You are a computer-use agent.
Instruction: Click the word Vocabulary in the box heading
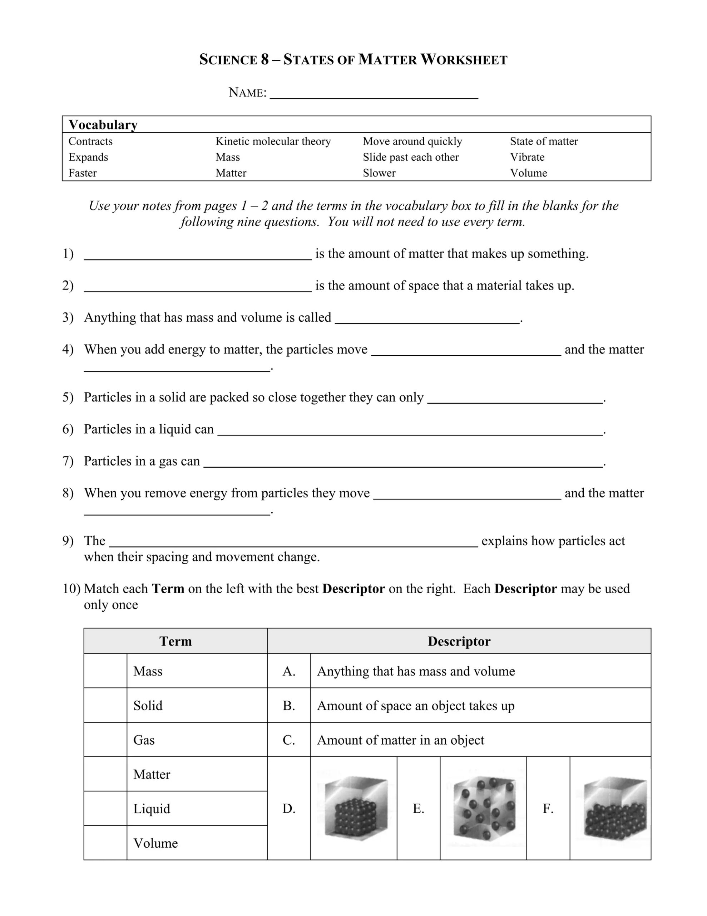pos(103,125)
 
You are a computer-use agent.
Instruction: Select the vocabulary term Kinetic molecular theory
pos(273,141)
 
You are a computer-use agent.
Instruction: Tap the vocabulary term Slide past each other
pos(410,157)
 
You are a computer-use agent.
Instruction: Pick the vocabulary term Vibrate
pos(527,157)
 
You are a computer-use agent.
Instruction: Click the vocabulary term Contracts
pos(90,141)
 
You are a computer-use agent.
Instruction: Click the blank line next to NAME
pos(374,94)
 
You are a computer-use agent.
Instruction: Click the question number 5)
pos(68,397)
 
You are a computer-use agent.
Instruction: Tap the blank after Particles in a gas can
pos(403,463)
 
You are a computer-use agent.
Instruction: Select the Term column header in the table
pos(175,641)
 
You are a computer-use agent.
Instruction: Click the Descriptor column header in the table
pos(459,641)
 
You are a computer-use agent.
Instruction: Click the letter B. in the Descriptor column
pos(289,706)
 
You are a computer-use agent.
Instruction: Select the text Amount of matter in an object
pos(400,740)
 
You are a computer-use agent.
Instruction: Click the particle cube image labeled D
pos(355,808)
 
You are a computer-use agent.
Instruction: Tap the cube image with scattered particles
pos(483,808)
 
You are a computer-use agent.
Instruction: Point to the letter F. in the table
pos(548,808)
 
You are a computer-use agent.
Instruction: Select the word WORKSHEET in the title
pos(464,60)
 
